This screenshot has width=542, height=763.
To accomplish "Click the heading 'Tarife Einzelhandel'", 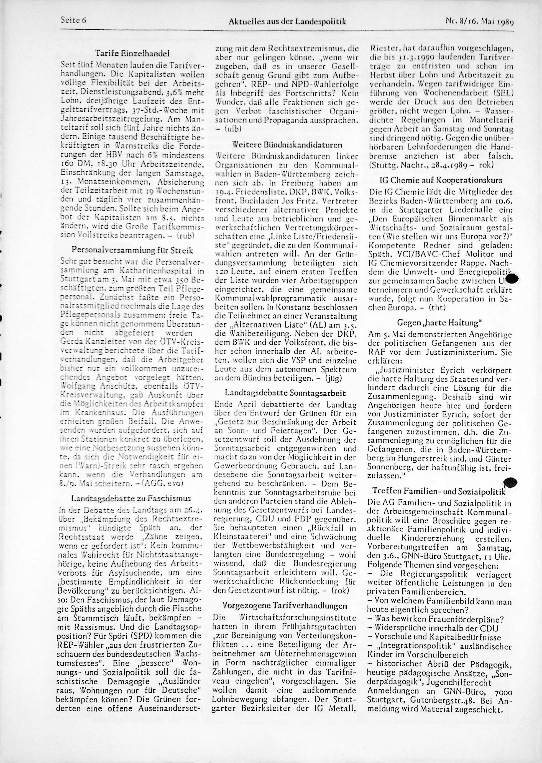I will coord(132,53).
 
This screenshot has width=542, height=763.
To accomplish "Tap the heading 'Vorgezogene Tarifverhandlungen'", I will coord(285,605).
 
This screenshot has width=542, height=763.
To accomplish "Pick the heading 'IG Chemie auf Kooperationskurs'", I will coord(441,181).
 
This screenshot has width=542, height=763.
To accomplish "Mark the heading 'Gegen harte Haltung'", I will coord(439,323).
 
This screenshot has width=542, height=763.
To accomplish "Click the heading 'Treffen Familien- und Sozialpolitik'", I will coord(439,491).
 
